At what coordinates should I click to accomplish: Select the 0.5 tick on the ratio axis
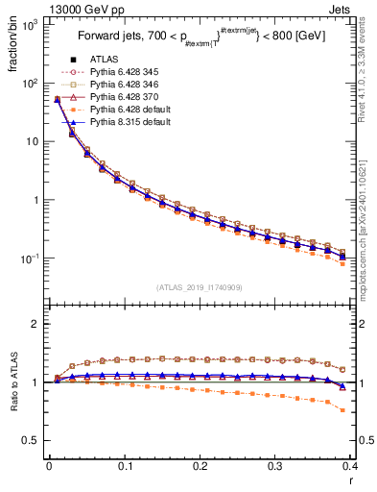(28, 440)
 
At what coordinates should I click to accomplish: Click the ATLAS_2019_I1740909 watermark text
(200, 287)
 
